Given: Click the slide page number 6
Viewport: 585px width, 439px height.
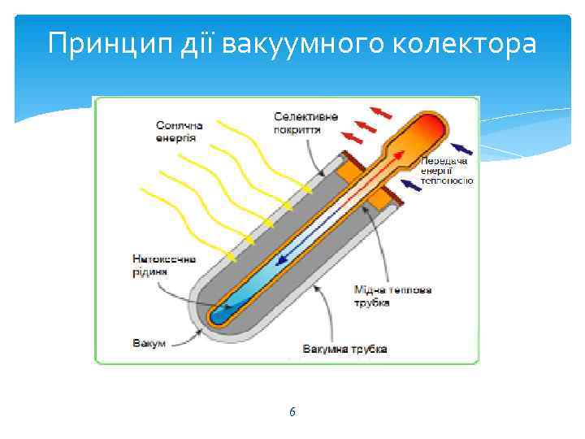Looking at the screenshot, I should (292, 412).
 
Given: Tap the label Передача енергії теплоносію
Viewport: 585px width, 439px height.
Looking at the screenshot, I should (446, 171).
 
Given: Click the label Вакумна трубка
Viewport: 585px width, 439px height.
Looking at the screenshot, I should (344, 350).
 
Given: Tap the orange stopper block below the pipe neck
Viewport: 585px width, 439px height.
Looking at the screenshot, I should (382, 194).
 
